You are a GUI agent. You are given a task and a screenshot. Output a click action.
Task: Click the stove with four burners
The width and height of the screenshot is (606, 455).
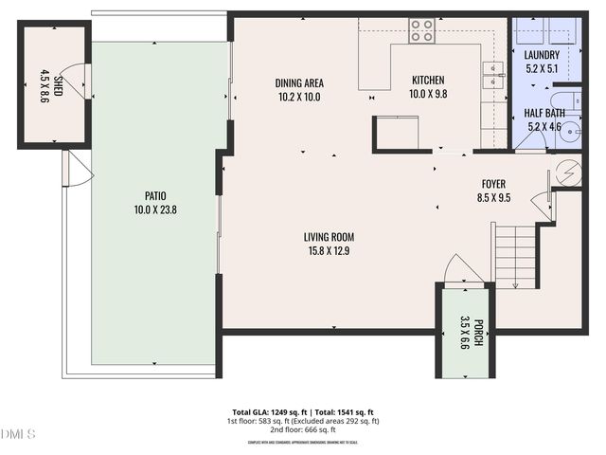tap(422, 30)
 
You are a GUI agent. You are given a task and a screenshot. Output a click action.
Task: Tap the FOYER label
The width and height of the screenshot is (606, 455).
tap(494, 186)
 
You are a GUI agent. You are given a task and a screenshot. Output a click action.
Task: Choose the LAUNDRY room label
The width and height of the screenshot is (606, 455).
tap(542, 55)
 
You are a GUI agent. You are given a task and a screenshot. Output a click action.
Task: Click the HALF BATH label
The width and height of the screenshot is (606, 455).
tap(543, 112)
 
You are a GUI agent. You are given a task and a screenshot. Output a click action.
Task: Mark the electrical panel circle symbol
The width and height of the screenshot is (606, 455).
tap(568, 173)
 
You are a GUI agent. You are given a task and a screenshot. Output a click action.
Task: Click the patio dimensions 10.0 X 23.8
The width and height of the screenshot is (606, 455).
tap(155, 209)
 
